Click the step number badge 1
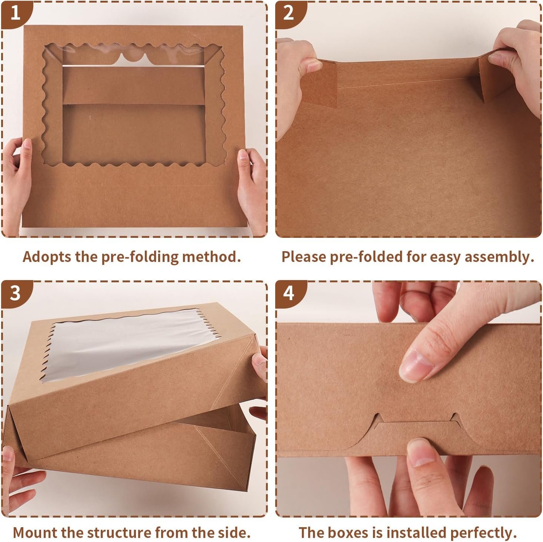point(15,13)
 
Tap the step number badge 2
point(289,13)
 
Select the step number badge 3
point(15,293)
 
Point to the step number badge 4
point(289,293)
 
